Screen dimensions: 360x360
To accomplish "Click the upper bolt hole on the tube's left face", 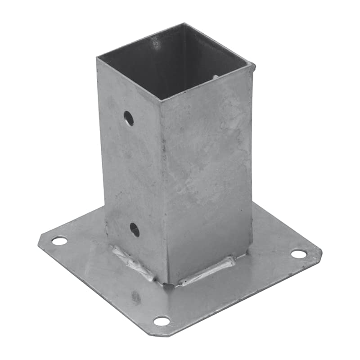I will click(x=129, y=118).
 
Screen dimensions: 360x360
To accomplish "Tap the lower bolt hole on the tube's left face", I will click(x=135, y=229).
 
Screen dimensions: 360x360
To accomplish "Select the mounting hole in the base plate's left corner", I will click(x=59, y=241).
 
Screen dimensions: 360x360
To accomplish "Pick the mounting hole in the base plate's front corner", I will click(x=162, y=321).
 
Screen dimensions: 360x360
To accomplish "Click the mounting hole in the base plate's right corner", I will click(x=298, y=254).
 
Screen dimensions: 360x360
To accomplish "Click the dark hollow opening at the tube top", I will click(x=175, y=63).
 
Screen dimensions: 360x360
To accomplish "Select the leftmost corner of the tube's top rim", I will click(x=97, y=58).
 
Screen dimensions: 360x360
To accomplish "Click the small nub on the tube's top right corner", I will click(x=253, y=67).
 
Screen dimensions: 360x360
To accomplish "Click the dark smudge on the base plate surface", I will click(x=135, y=297).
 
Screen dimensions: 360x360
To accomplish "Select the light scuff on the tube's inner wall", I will click(x=155, y=43).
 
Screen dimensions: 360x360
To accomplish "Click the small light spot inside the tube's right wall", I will click(x=216, y=77).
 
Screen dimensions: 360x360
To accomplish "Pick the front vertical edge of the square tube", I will click(x=165, y=189).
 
